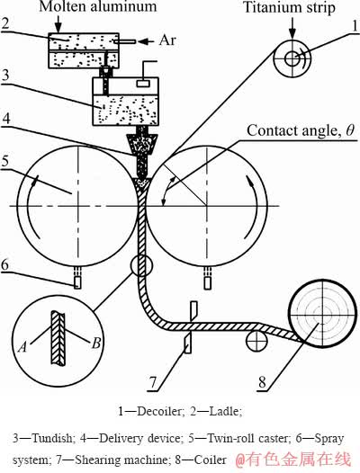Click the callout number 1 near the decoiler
[355, 26]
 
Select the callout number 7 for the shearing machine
[154, 382]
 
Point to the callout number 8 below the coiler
[262, 382]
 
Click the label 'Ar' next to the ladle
[167, 40]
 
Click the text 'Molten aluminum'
[98, 6]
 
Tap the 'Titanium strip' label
[289, 7]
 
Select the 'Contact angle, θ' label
[301, 130]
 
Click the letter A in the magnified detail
[23, 347]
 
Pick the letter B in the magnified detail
[96, 344]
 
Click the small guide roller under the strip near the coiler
[256, 341]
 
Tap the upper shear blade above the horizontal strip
[193, 311]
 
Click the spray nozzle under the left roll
[77, 280]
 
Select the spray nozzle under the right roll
[207, 280]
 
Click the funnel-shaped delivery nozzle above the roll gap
[141, 145]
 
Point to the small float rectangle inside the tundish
[142, 83]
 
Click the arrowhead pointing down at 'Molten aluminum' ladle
[58, 29]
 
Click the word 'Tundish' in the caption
[53, 438]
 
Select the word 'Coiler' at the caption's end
[211, 460]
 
